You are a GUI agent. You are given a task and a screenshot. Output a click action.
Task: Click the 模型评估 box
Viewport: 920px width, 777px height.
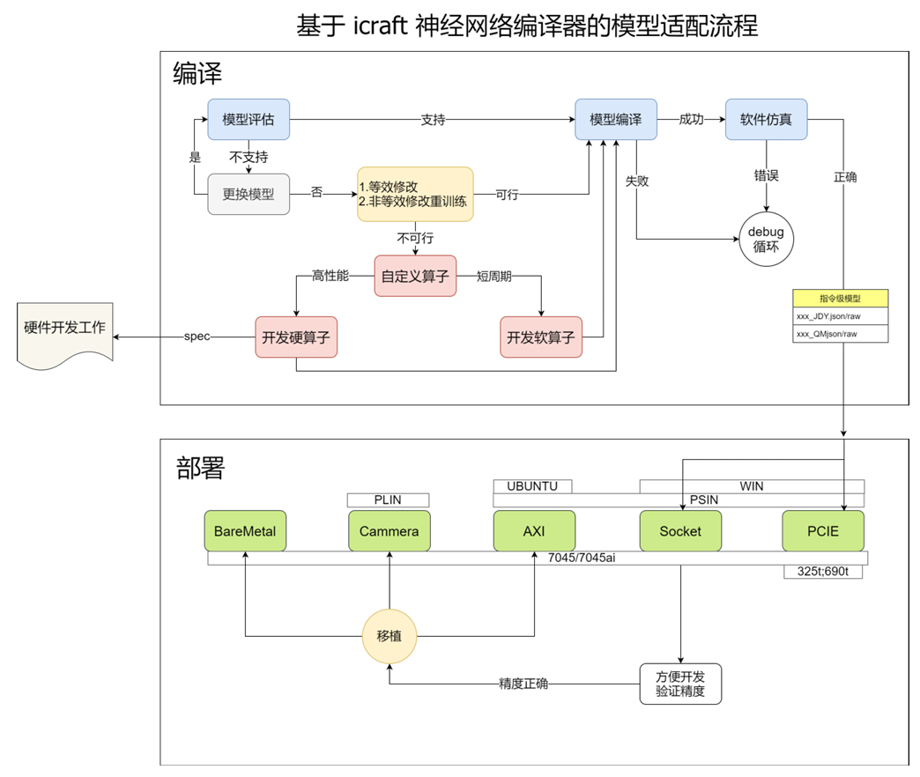pyautogui.click(x=249, y=120)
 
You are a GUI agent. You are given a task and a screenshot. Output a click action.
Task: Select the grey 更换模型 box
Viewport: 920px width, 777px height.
pyautogui.click(x=249, y=194)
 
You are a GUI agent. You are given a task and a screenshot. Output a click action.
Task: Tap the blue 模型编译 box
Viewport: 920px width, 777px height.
pyautogui.click(x=615, y=120)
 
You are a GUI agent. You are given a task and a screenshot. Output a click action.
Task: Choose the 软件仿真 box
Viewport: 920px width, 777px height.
pyautogui.click(x=767, y=120)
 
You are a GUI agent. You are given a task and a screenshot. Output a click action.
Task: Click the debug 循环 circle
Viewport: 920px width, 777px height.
pyautogui.click(x=767, y=240)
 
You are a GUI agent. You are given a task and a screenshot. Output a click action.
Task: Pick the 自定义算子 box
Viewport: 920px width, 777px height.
pyautogui.click(x=415, y=276)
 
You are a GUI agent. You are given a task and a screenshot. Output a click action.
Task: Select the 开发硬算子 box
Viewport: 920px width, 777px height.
pyautogui.click(x=296, y=337)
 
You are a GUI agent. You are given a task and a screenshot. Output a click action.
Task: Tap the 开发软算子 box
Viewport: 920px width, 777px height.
pyautogui.click(x=541, y=337)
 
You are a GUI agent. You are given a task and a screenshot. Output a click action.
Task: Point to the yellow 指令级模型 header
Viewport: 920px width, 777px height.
pyautogui.click(x=840, y=299)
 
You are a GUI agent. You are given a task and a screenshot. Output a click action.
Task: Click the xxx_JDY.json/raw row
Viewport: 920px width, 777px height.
pyautogui.click(x=840, y=316)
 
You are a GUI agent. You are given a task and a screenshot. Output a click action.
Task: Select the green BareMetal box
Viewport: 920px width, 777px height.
pyautogui.click(x=245, y=531)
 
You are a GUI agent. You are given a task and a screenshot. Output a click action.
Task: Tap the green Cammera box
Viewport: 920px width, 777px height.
pyautogui.click(x=390, y=531)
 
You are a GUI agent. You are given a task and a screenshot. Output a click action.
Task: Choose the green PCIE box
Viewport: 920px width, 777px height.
pyautogui.click(x=823, y=531)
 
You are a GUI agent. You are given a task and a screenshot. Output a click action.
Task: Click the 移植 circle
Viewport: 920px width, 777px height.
pyautogui.click(x=390, y=636)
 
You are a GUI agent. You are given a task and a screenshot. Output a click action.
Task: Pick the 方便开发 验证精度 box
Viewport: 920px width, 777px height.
pyautogui.click(x=680, y=684)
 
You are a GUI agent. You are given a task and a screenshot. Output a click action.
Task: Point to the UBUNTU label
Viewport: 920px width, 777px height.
pyautogui.click(x=533, y=486)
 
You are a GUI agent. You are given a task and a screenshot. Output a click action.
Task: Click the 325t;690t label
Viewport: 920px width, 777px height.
pyautogui.click(x=823, y=572)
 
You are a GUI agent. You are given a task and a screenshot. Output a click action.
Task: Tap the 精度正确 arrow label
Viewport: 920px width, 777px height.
pyautogui.click(x=523, y=684)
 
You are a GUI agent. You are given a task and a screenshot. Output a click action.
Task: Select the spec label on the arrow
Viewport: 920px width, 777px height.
pyautogui.click(x=197, y=337)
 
